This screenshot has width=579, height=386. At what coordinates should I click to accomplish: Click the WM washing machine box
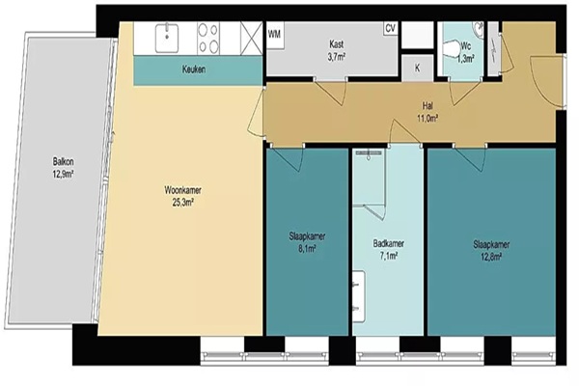pyautogui.click(x=275, y=35)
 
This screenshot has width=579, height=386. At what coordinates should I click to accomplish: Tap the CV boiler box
pyautogui.click(x=390, y=28)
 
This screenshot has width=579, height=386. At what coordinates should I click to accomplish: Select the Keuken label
pyautogui.click(x=194, y=69)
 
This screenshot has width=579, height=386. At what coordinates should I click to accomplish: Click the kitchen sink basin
pyautogui.click(x=167, y=38)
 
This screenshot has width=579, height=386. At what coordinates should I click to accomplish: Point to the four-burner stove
pyautogui.click(x=208, y=39)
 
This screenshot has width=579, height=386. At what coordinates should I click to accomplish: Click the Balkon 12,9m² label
pyautogui.click(x=63, y=167)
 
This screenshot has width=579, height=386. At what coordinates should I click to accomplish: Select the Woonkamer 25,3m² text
pyautogui.click(x=182, y=196)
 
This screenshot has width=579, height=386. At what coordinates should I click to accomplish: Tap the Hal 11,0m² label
pyautogui.click(x=427, y=112)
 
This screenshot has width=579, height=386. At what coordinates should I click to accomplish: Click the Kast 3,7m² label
pyautogui.click(x=336, y=50)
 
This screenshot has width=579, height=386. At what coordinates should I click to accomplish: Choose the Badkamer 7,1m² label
pyautogui.click(x=388, y=249)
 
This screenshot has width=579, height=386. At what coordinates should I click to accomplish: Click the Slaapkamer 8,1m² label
pyautogui.click(x=307, y=242)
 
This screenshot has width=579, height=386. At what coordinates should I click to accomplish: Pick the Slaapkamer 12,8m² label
pyautogui.click(x=491, y=251)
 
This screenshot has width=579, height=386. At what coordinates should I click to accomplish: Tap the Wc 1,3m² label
pyautogui.click(x=466, y=52)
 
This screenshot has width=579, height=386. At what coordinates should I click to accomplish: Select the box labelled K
pyautogui.click(x=417, y=68)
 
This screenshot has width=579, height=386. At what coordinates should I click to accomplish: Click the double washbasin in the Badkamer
pyautogui.click(x=359, y=296)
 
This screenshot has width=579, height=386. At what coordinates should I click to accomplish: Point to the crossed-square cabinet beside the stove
pyautogui.click(x=252, y=39)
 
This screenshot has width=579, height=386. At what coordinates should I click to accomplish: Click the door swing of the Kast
pyautogui.click(x=331, y=91)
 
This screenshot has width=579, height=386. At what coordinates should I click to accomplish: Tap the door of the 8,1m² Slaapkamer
pyautogui.click(x=288, y=158)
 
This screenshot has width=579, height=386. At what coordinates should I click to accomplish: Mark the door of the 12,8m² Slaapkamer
pyautogui.click(x=470, y=158)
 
